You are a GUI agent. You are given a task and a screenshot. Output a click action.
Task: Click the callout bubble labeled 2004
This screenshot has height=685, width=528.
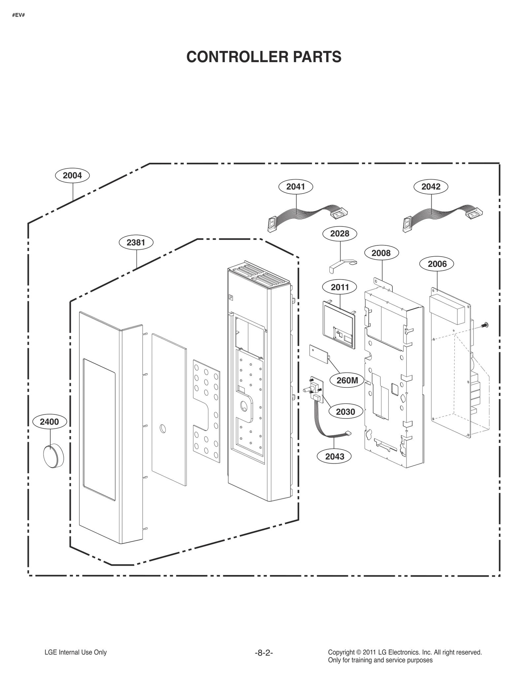(x=72, y=175)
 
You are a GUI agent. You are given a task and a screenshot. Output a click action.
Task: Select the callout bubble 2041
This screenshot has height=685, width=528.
(x=295, y=187)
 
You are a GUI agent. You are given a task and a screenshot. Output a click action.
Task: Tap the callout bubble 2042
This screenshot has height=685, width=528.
(x=431, y=187)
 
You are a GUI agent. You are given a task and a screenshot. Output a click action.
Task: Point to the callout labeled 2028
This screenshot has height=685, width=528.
(x=340, y=234)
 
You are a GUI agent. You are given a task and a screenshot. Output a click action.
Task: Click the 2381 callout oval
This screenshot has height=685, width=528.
(x=136, y=242)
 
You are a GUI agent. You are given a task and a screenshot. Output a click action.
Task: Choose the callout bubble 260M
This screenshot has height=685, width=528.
(x=347, y=380)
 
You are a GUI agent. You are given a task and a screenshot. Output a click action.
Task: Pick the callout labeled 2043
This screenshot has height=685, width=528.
(x=335, y=456)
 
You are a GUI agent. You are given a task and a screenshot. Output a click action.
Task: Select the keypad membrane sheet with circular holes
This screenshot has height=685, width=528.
(x=207, y=411)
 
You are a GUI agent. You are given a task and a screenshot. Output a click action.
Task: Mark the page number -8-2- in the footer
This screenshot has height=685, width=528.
(x=264, y=653)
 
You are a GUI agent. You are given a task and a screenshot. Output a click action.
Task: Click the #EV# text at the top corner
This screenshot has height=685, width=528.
(x=18, y=15)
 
